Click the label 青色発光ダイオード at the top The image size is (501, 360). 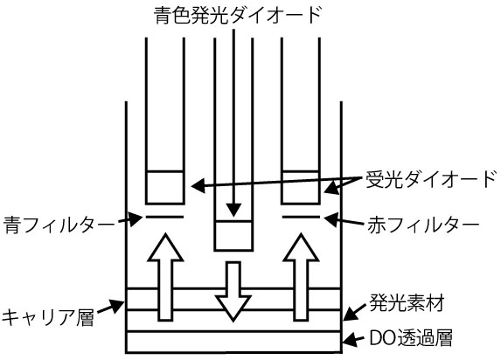click(232, 15)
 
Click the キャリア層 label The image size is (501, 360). click(47, 315)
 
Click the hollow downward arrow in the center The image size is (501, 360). click(233, 292)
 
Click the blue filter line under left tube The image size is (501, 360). click(164, 217)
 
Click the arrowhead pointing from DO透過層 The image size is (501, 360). click(345, 341)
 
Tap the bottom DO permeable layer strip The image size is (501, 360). click(233, 342)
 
